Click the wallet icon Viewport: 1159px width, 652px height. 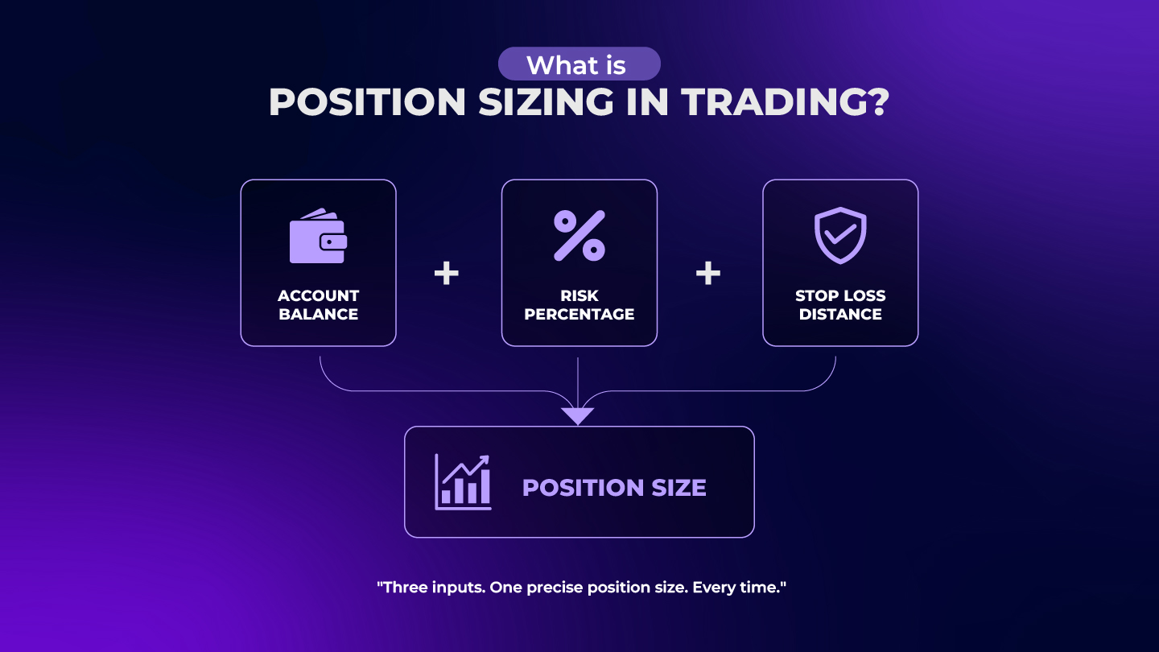tap(318, 237)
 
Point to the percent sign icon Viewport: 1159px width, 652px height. tap(579, 236)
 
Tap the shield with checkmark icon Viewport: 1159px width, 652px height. tap(840, 235)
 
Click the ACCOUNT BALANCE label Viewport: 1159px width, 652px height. tap(318, 305)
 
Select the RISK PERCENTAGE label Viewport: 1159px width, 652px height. tap(579, 305)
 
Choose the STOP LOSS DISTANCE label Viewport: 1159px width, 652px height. tap(840, 305)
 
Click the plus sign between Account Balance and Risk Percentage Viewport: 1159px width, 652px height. tap(447, 274)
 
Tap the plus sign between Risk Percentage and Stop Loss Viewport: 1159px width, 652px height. tap(708, 274)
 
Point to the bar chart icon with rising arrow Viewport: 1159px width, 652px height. tap(463, 482)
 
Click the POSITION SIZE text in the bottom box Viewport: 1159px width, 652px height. tap(614, 488)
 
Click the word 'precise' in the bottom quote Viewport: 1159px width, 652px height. tap(555, 588)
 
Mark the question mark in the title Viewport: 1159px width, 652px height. tap(877, 103)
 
